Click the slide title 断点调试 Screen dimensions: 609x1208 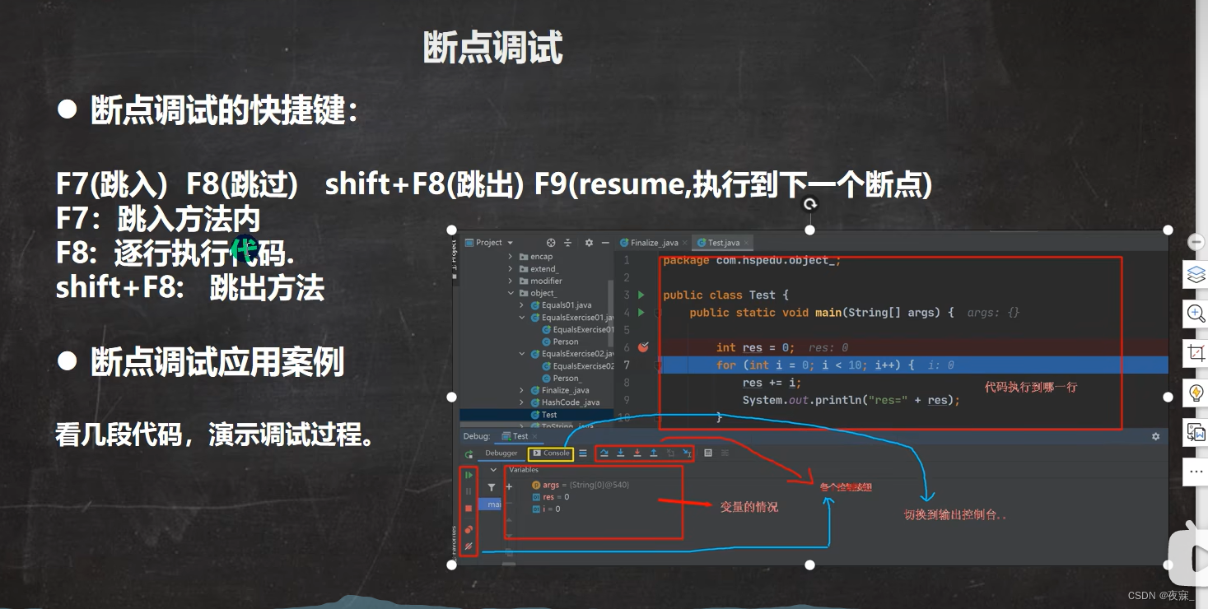coord(492,48)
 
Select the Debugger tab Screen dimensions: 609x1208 coord(501,453)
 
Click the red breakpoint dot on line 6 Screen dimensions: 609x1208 coord(644,347)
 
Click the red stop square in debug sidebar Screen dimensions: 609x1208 coord(469,509)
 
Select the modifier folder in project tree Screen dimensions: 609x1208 coord(546,281)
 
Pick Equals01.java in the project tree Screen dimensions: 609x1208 coord(566,305)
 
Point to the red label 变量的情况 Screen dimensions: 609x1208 coord(749,507)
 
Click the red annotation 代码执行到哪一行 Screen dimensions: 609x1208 coord(1030,387)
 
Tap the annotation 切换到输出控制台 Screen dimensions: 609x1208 coord(955,515)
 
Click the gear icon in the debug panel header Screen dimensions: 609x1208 coord(1155,436)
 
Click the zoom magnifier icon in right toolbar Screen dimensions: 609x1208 coord(1196,314)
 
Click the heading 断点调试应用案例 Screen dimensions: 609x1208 coord(217,362)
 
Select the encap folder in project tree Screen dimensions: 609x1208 coord(541,257)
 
